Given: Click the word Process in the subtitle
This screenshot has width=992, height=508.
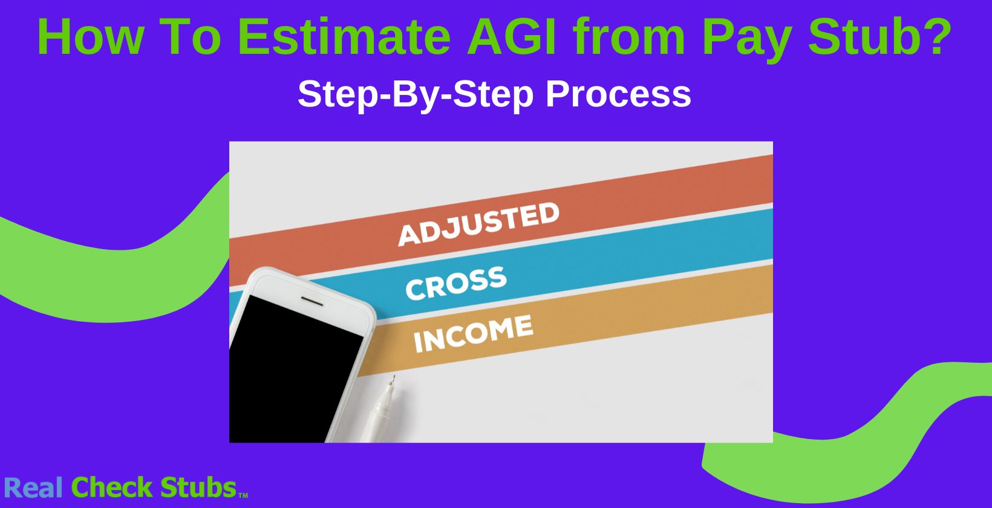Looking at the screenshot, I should point(618,94).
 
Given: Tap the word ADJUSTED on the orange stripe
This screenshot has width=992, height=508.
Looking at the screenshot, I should point(478,224).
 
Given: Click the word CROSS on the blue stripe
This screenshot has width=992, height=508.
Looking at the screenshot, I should point(455,282).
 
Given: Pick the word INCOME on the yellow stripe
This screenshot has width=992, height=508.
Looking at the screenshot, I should point(473,333).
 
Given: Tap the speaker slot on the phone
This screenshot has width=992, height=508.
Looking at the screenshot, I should point(313,301).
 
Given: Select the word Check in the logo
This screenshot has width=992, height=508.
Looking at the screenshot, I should point(113,487).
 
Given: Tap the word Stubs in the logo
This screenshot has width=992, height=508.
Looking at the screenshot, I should point(198,487).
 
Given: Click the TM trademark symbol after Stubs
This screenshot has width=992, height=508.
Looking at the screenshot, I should point(243,496).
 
